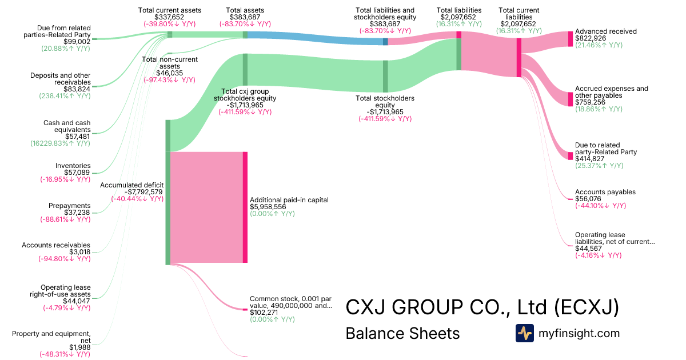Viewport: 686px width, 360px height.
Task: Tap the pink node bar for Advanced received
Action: [x=570, y=38]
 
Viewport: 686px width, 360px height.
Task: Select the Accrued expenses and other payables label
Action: [x=612, y=92]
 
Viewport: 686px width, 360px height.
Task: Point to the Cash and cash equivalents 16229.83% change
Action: [x=60, y=143]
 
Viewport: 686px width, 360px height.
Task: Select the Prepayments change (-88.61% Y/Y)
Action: [x=65, y=219]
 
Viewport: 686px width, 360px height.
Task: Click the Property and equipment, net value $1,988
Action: [x=80, y=347]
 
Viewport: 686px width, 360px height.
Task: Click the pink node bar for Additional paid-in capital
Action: [x=245, y=207]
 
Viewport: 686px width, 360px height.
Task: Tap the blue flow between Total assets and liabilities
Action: [x=314, y=38]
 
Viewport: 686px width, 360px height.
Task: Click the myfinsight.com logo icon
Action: [x=524, y=333]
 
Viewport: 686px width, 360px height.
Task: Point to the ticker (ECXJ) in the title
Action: [x=587, y=307]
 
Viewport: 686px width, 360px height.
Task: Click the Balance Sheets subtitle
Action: [x=402, y=333]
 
